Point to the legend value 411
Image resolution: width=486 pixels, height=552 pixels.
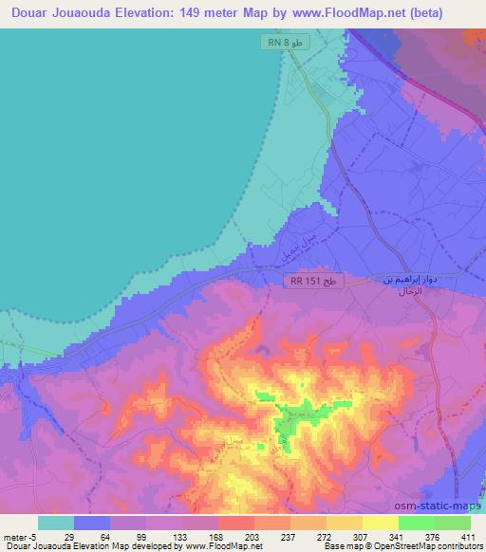pos(469,537)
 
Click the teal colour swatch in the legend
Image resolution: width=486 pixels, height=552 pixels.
pos(56,523)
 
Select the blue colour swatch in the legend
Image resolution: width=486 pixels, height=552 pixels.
pos(92,523)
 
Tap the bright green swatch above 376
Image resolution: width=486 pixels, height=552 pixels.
pos(416,523)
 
